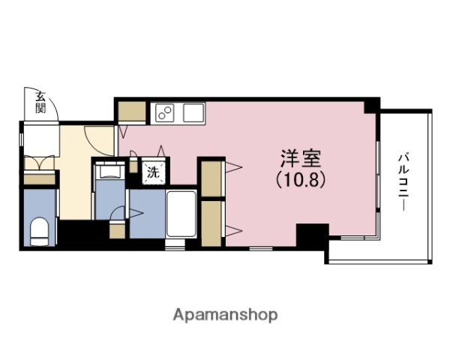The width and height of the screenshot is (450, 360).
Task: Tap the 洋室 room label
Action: [x=301, y=159]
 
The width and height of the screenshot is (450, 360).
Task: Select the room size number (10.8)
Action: [x=301, y=180]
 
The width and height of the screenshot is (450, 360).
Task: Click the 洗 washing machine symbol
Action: [x=153, y=172]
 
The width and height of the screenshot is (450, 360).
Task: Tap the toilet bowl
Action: [x=39, y=229]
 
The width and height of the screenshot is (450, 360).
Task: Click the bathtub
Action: [x=181, y=214]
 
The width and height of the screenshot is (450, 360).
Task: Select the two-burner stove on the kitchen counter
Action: [x=164, y=115]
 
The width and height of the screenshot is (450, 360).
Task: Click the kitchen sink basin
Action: [x=193, y=114]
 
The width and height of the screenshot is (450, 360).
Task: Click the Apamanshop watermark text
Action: [x=226, y=315]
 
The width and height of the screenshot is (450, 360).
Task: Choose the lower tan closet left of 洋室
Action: [x=211, y=221]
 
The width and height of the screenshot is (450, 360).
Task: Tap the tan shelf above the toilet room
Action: [x=40, y=180]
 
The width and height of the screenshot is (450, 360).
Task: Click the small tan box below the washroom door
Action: [x=117, y=229]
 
